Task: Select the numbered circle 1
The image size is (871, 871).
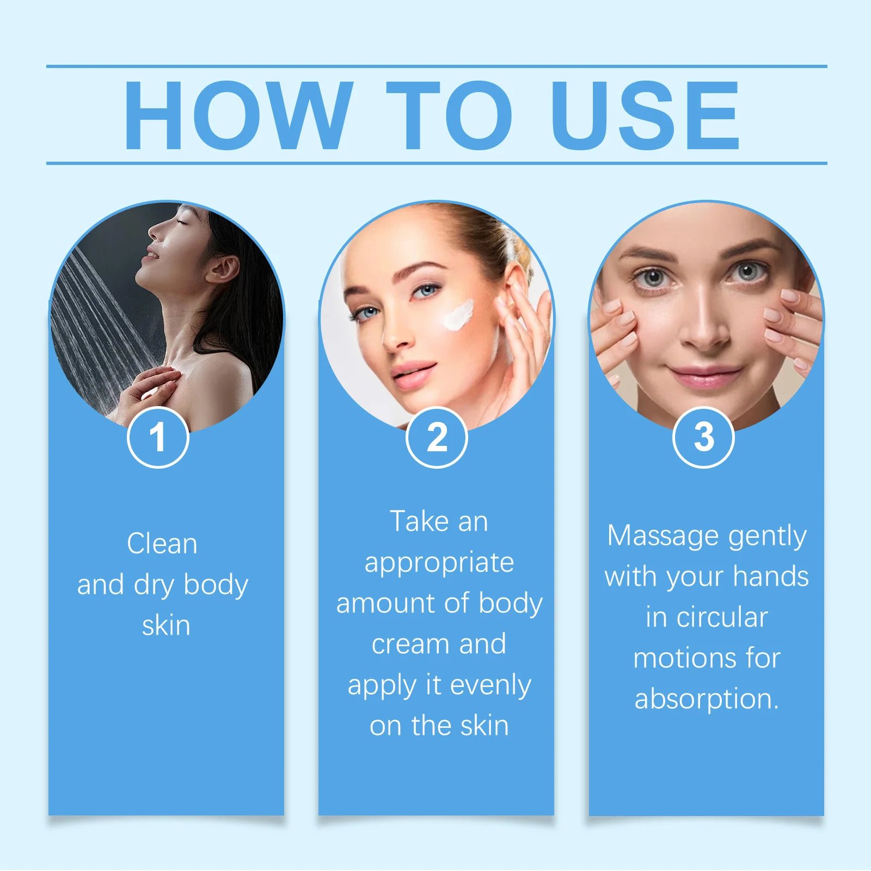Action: [x=158, y=437]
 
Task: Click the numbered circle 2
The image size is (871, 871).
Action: [x=437, y=437]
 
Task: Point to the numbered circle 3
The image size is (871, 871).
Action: [x=703, y=437]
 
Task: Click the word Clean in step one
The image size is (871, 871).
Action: [x=162, y=544]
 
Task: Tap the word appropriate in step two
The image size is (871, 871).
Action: [x=439, y=563]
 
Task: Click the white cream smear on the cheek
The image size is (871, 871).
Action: [x=458, y=315]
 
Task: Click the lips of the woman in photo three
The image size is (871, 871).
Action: [x=704, y=376]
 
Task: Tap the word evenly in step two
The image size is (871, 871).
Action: [x=490, y=685]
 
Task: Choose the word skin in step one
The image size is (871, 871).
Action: [x=166, y=626]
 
